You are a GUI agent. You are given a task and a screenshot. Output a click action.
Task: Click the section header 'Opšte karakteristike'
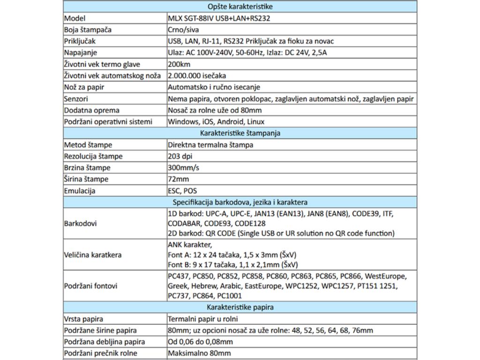240,7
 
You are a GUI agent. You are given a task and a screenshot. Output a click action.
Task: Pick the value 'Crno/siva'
183,30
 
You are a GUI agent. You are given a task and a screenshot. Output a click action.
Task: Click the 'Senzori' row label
76,99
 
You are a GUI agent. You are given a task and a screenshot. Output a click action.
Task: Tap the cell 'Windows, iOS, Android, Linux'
216,122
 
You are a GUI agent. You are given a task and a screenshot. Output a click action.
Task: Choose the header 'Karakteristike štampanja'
240,133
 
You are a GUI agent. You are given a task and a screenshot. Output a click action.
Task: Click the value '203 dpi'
180,156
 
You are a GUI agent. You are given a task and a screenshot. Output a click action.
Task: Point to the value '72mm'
178,179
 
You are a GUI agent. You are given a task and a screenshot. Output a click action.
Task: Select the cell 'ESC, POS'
182,191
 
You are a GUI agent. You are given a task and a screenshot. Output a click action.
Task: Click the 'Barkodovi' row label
80,223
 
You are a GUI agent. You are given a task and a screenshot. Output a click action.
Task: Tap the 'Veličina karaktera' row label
93,255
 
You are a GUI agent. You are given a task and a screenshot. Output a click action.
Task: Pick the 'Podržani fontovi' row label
90,286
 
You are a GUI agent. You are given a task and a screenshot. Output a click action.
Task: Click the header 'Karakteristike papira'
240,307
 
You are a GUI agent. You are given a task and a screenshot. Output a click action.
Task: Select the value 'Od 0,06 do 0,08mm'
200,342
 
